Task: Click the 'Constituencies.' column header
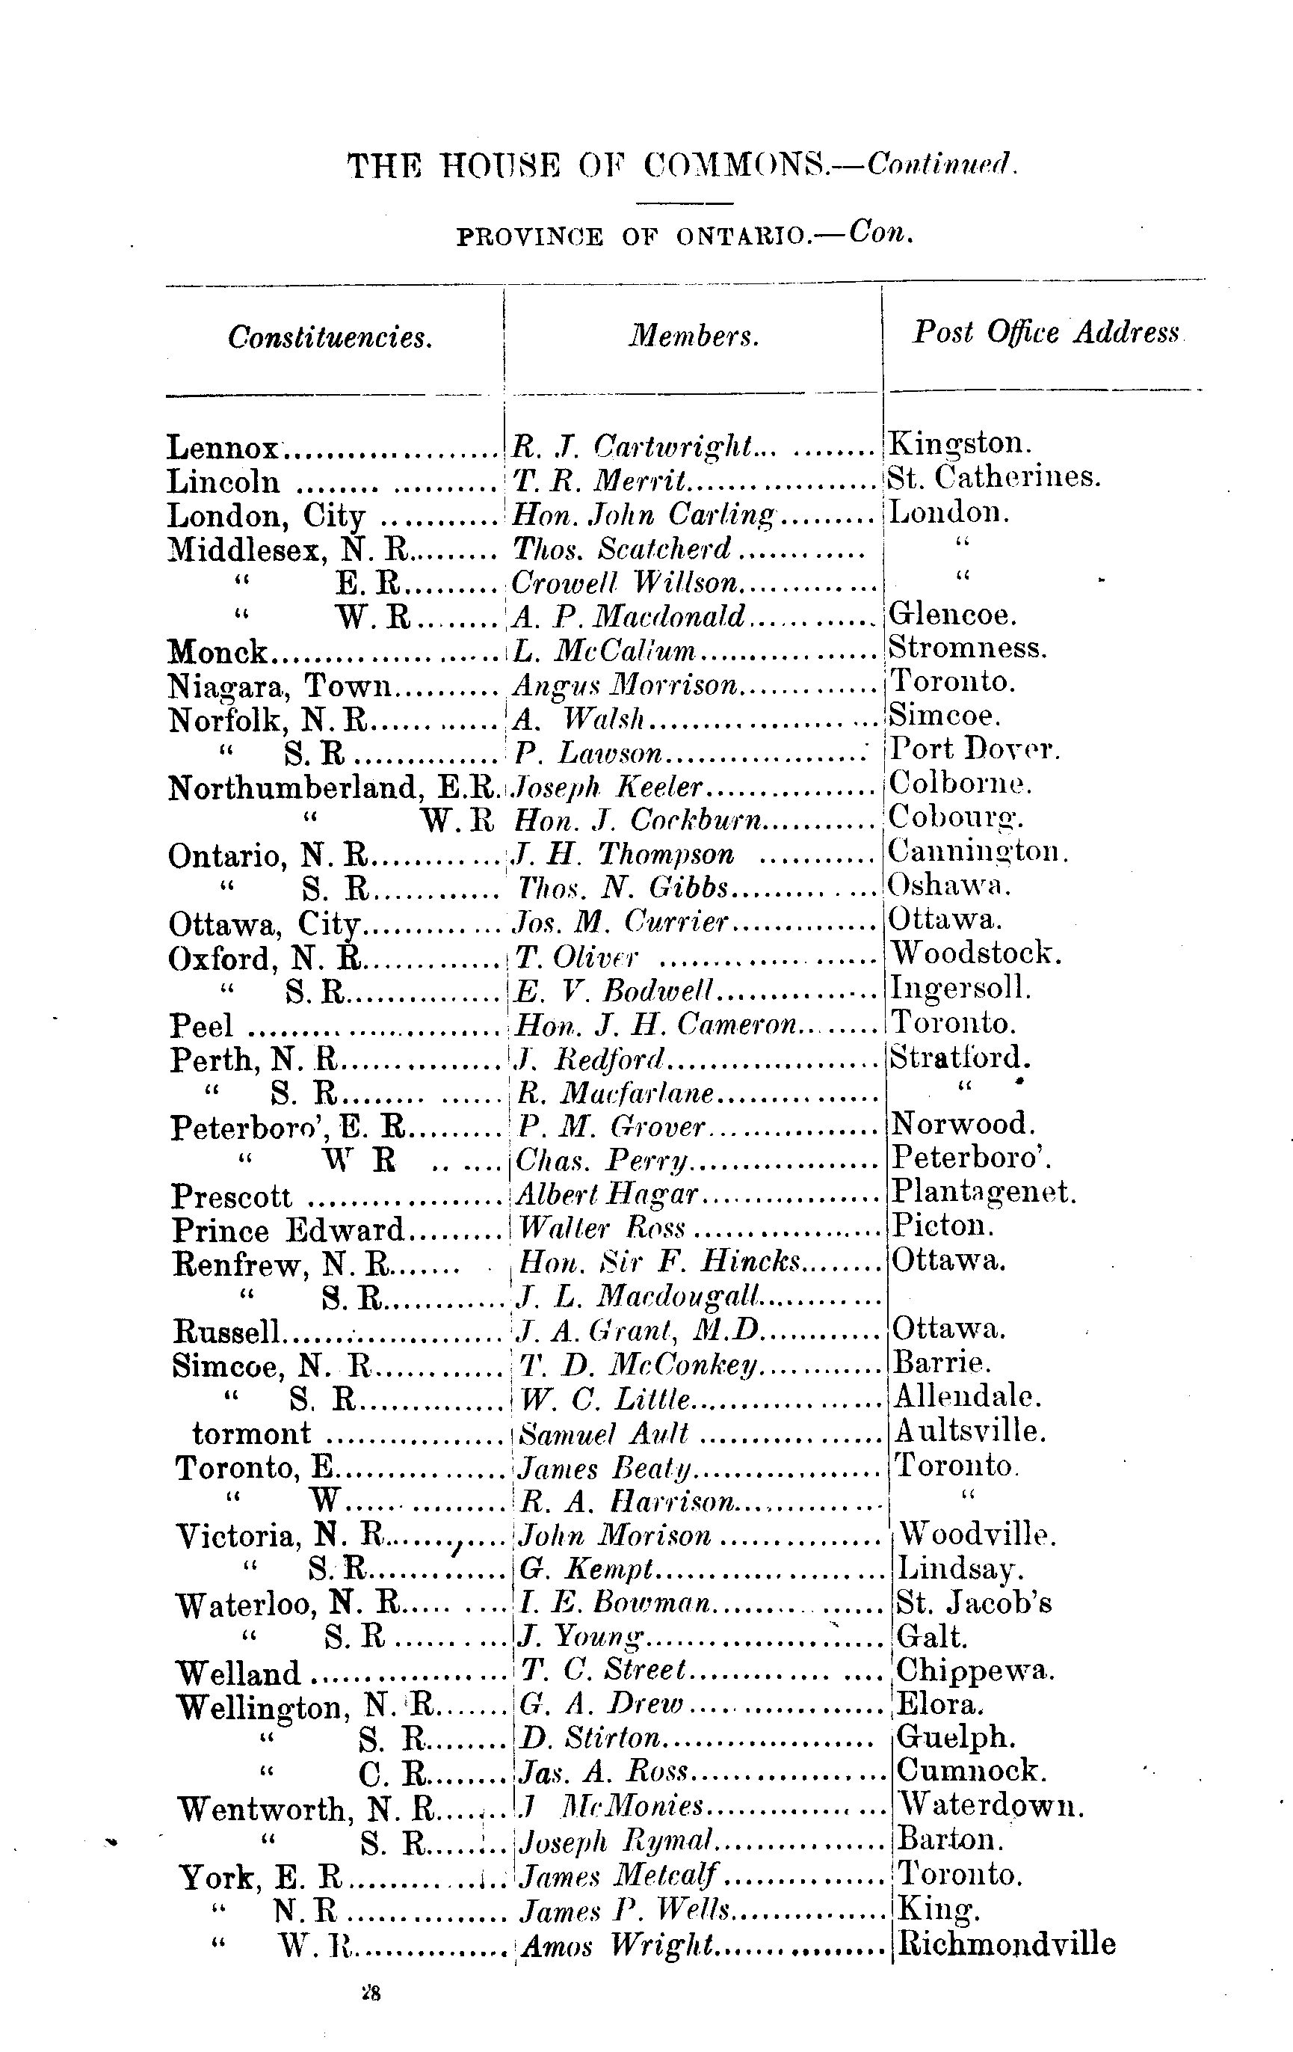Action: (330, 338)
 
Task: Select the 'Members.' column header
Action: (694, 337)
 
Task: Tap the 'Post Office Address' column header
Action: (1046, 332)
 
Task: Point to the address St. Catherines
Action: (994, 477)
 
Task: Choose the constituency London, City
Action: (267, 515)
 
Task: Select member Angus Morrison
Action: (626, 684)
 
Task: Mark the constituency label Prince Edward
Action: (288, 1229)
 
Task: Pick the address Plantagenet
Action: (984, 1191)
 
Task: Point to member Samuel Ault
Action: (603, 1434)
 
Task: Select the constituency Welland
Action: (238, 1673)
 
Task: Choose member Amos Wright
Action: (617, 1946)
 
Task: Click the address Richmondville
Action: (1006, 1944)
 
